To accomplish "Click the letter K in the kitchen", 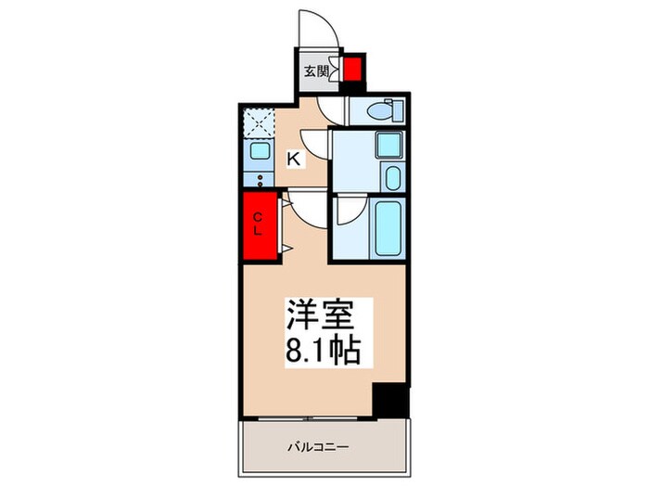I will click(293, 160).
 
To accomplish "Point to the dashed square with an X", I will click(257, 122).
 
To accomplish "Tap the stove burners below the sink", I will click(259, 178).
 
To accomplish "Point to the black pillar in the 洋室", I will click(389, 402).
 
